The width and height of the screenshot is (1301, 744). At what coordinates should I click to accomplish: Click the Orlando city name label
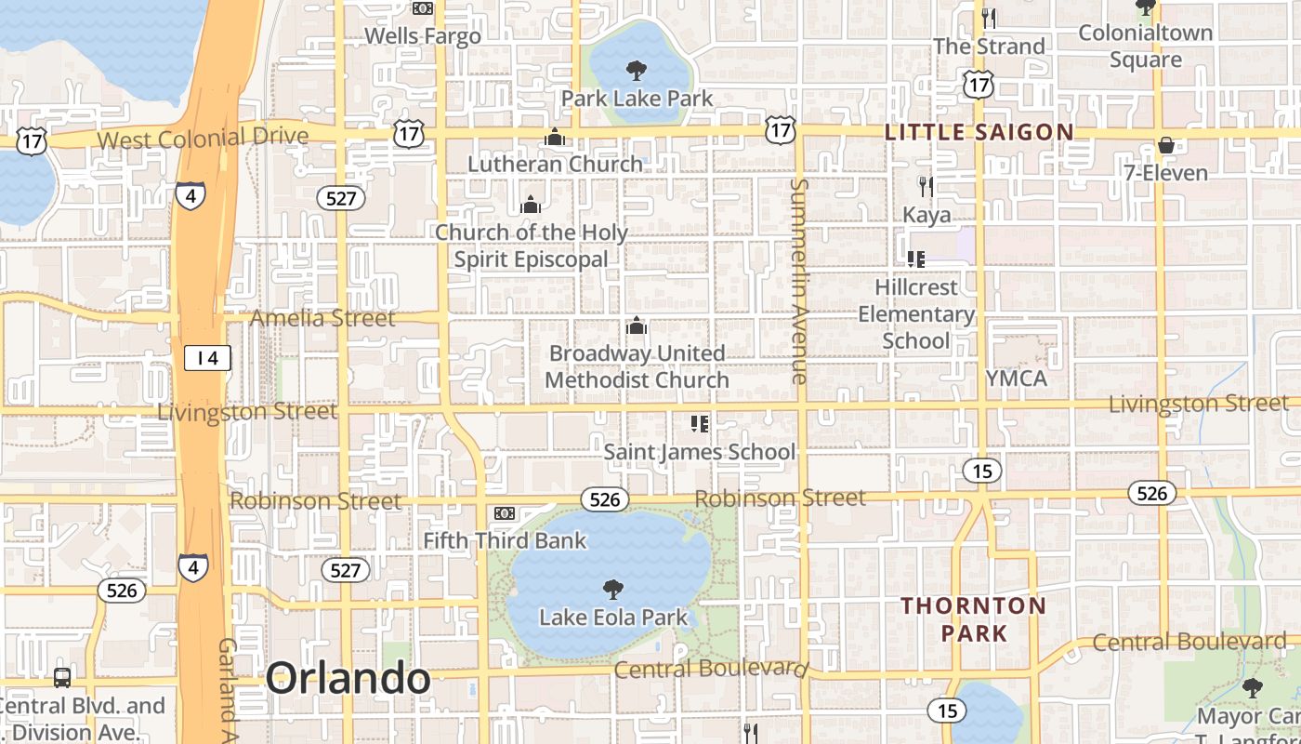(348, 679)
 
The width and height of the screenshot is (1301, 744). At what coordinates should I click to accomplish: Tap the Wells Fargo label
(423, 36)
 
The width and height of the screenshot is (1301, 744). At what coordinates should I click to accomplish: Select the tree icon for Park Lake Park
(637, 70)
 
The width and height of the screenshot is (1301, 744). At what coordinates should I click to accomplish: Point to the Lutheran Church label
(555, 165)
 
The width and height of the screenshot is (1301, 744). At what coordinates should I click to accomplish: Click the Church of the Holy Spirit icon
(531, 204)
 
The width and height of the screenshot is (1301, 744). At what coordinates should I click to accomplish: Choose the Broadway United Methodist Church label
(637, 366)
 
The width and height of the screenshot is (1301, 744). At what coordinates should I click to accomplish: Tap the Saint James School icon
(700, 424)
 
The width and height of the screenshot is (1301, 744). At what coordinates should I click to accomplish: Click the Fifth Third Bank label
(505, 540)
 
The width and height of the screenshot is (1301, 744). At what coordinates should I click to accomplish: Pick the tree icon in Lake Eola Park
(612, 589)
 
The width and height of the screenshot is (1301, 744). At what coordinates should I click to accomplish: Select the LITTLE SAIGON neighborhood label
(979, 132)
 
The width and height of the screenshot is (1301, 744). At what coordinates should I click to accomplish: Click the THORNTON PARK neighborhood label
(973, 619)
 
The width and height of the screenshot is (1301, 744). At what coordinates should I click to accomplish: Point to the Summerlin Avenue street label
(798, 280)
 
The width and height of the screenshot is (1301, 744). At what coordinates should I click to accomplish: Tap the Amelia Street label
(322, 318)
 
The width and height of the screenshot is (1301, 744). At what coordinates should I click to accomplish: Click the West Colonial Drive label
(203, 139)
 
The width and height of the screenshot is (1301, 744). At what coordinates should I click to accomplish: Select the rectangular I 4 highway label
(206, 357)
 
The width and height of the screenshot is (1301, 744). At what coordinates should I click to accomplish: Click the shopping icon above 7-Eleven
(1165, 145)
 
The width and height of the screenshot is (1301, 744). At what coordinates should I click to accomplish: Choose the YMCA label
(1017, 379)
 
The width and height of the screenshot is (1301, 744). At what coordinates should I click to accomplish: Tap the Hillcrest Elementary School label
(916, 313)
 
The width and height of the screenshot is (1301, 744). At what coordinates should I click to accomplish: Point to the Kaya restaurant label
(926, 215)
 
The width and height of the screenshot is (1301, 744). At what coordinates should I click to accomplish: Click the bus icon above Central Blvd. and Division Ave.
(62, 677)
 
